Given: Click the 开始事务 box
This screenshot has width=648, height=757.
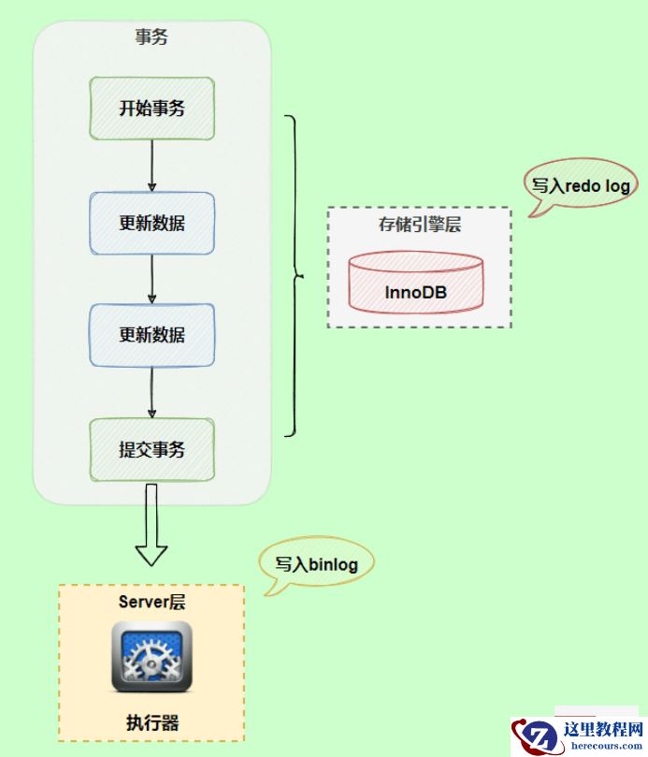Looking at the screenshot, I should [x=151, y=108].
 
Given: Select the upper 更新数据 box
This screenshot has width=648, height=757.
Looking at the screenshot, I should [x=151, y=224].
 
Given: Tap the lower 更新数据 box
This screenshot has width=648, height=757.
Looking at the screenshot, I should [x=151, y=335].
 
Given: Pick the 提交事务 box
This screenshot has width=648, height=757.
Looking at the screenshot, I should [x=151, y=450].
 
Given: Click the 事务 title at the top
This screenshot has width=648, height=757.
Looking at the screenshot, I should [x=151, y=38].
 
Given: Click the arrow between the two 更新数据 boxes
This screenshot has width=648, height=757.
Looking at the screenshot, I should [x=151, y=279].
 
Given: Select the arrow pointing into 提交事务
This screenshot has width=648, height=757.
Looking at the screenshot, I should [x=151, y=393].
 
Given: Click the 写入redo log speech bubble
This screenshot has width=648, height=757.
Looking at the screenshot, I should [x=581, y=186].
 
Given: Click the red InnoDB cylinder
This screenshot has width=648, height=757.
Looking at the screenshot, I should [x=416, y=280].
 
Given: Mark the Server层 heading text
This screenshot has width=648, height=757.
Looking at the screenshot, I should [x=151, y=602].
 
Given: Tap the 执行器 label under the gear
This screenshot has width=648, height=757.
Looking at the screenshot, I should [x=151, y=721].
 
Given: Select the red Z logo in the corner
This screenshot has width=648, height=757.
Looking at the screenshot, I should [x=536, y=736].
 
